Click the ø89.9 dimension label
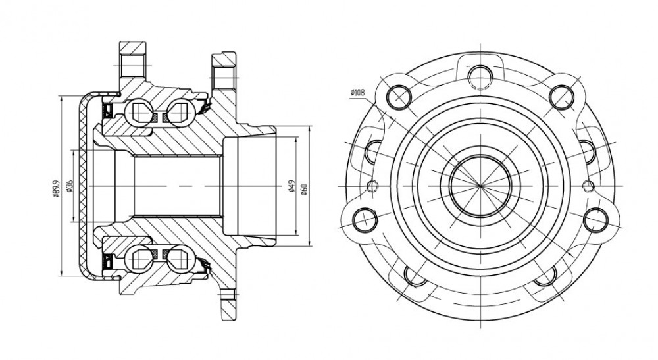tap(56, 189)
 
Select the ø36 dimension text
tap(70, 186)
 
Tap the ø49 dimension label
tap(291, 186)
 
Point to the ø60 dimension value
tap(304, 189)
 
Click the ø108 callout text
tap(357, 93)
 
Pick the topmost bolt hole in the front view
tap(480, 77)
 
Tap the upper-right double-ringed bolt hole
tap(562, 97)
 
